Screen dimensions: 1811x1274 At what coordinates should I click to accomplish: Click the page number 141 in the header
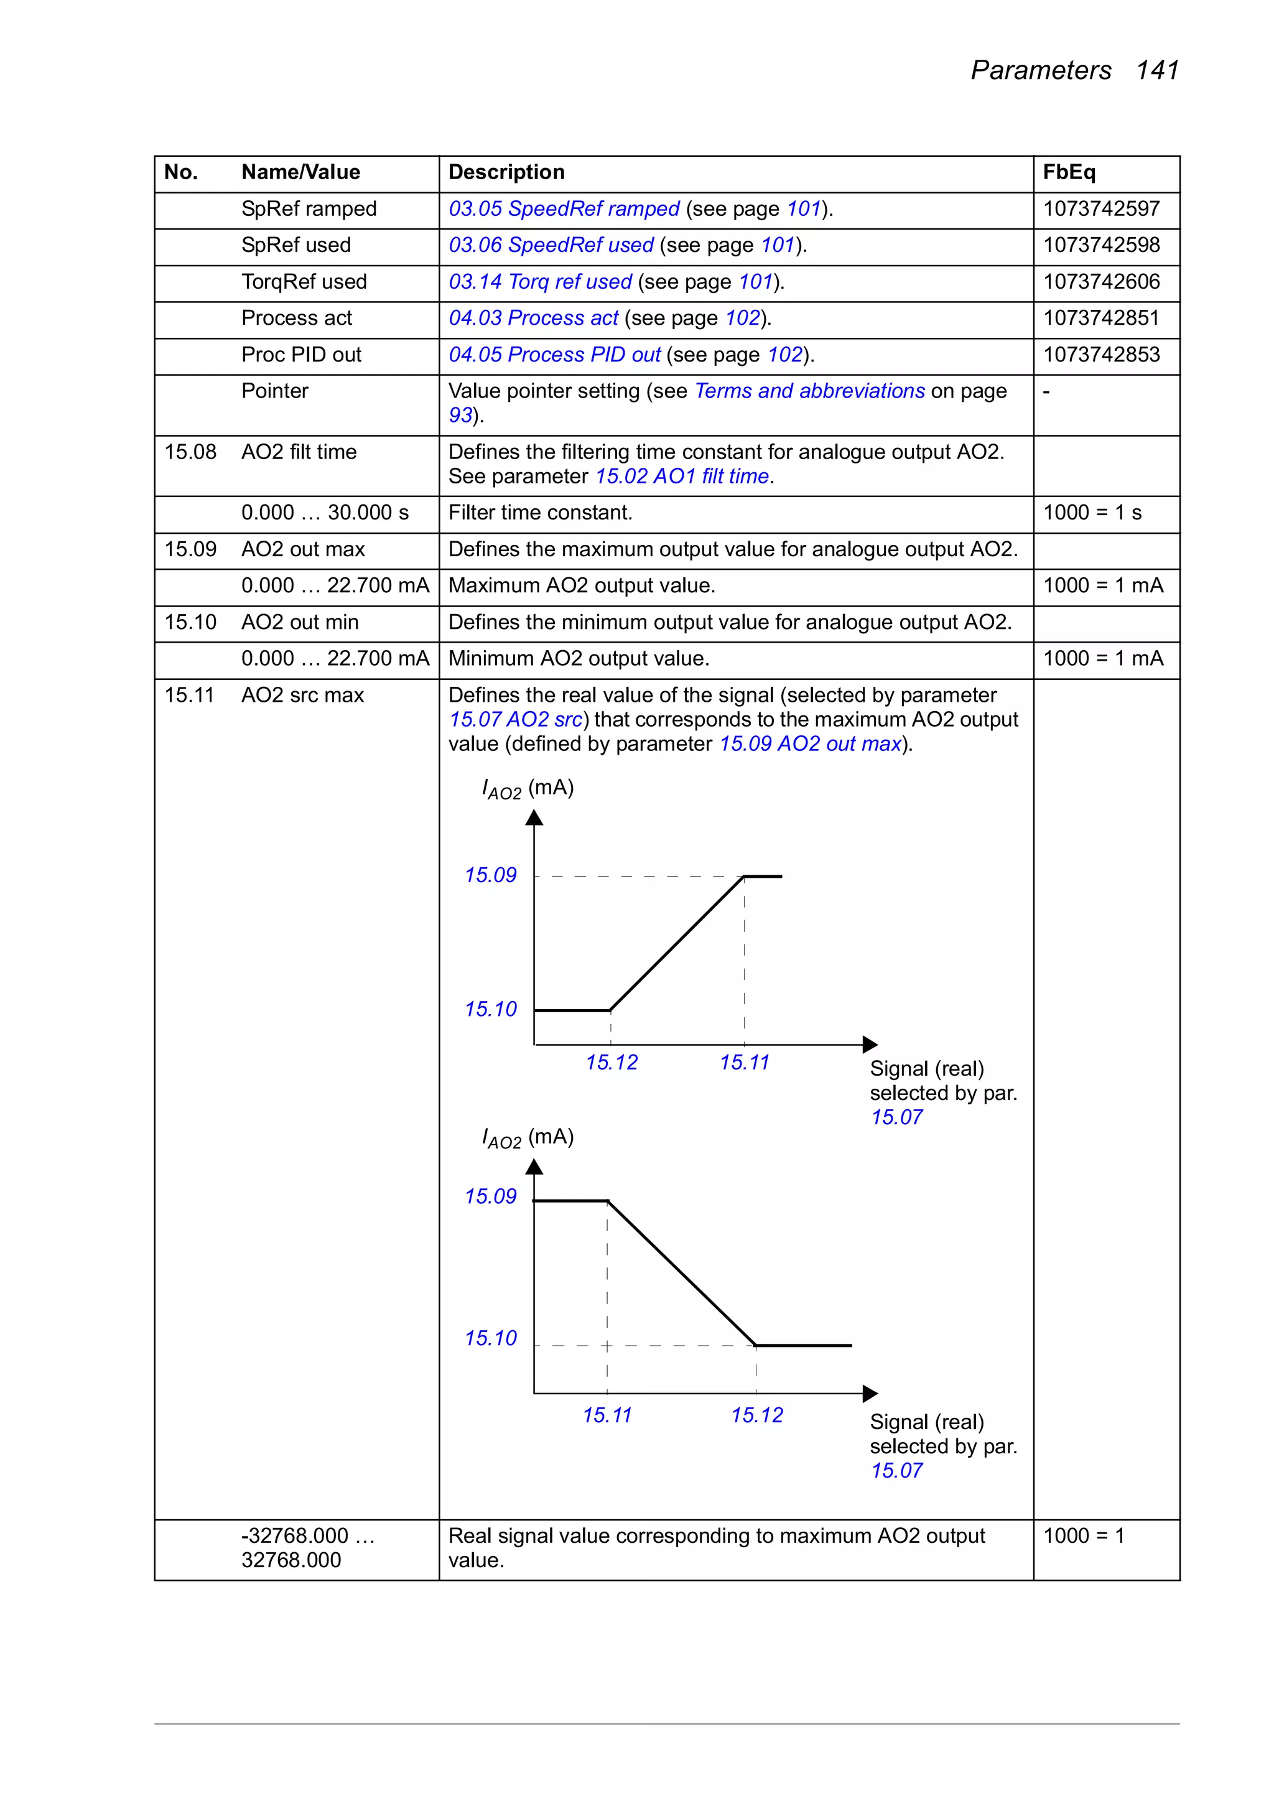coord(1156,70)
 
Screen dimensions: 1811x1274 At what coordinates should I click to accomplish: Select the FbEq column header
coord(1068,172)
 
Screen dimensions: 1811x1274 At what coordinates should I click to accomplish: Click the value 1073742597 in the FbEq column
coord(1101,209)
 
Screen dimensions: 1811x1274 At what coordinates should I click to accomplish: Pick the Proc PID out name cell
coord(301,355)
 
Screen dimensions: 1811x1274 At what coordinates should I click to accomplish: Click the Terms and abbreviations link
coord(809,391)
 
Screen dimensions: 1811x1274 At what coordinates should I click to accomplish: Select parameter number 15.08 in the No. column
coord(190,452)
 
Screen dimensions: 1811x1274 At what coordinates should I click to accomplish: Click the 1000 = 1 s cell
coord(1092,513)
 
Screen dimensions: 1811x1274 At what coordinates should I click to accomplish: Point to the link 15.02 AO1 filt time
coord(682,477)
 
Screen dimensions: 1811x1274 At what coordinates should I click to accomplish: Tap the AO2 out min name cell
coord(300,622)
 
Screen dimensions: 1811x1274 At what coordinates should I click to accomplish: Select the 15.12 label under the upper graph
coord(611,1063)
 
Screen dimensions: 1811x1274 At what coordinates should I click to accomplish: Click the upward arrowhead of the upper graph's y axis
coord(534,817)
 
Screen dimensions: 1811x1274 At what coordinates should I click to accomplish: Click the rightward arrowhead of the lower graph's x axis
coord(870,1394)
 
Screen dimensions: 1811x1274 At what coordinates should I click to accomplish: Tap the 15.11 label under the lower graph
coord(607,1416)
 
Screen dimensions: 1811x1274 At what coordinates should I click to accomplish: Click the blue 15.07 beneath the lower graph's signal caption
coord(896,1471)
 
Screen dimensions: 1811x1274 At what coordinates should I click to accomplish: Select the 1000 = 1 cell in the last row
coord(1083,1536)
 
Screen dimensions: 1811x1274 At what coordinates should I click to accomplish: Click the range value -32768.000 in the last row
coord(295,1536)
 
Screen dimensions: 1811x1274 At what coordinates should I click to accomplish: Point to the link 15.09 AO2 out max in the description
coord(810,744)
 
